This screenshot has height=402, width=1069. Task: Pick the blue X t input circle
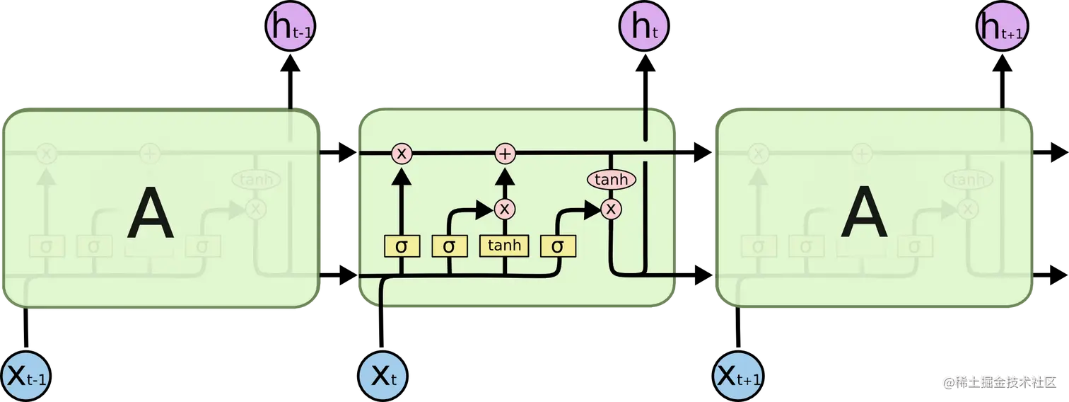click(382, 375)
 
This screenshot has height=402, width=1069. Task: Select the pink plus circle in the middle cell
click(504, 153)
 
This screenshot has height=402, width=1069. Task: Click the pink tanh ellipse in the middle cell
click(611, 180)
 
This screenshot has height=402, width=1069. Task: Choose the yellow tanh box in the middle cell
click(504, 246)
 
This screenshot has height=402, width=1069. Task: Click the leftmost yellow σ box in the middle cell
click(402, 246)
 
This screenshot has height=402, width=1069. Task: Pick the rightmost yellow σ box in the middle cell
click(558, 246)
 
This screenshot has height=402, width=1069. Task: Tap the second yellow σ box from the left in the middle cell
click(449, 246)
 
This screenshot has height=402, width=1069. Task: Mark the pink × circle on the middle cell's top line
click(402, 153)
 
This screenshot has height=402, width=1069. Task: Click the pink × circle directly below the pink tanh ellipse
click(610, 208)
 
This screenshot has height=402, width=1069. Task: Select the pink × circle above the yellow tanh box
click(504, 209)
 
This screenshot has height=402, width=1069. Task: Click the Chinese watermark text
click(999, 381)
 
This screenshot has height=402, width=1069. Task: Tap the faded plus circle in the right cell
click(861, 153)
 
